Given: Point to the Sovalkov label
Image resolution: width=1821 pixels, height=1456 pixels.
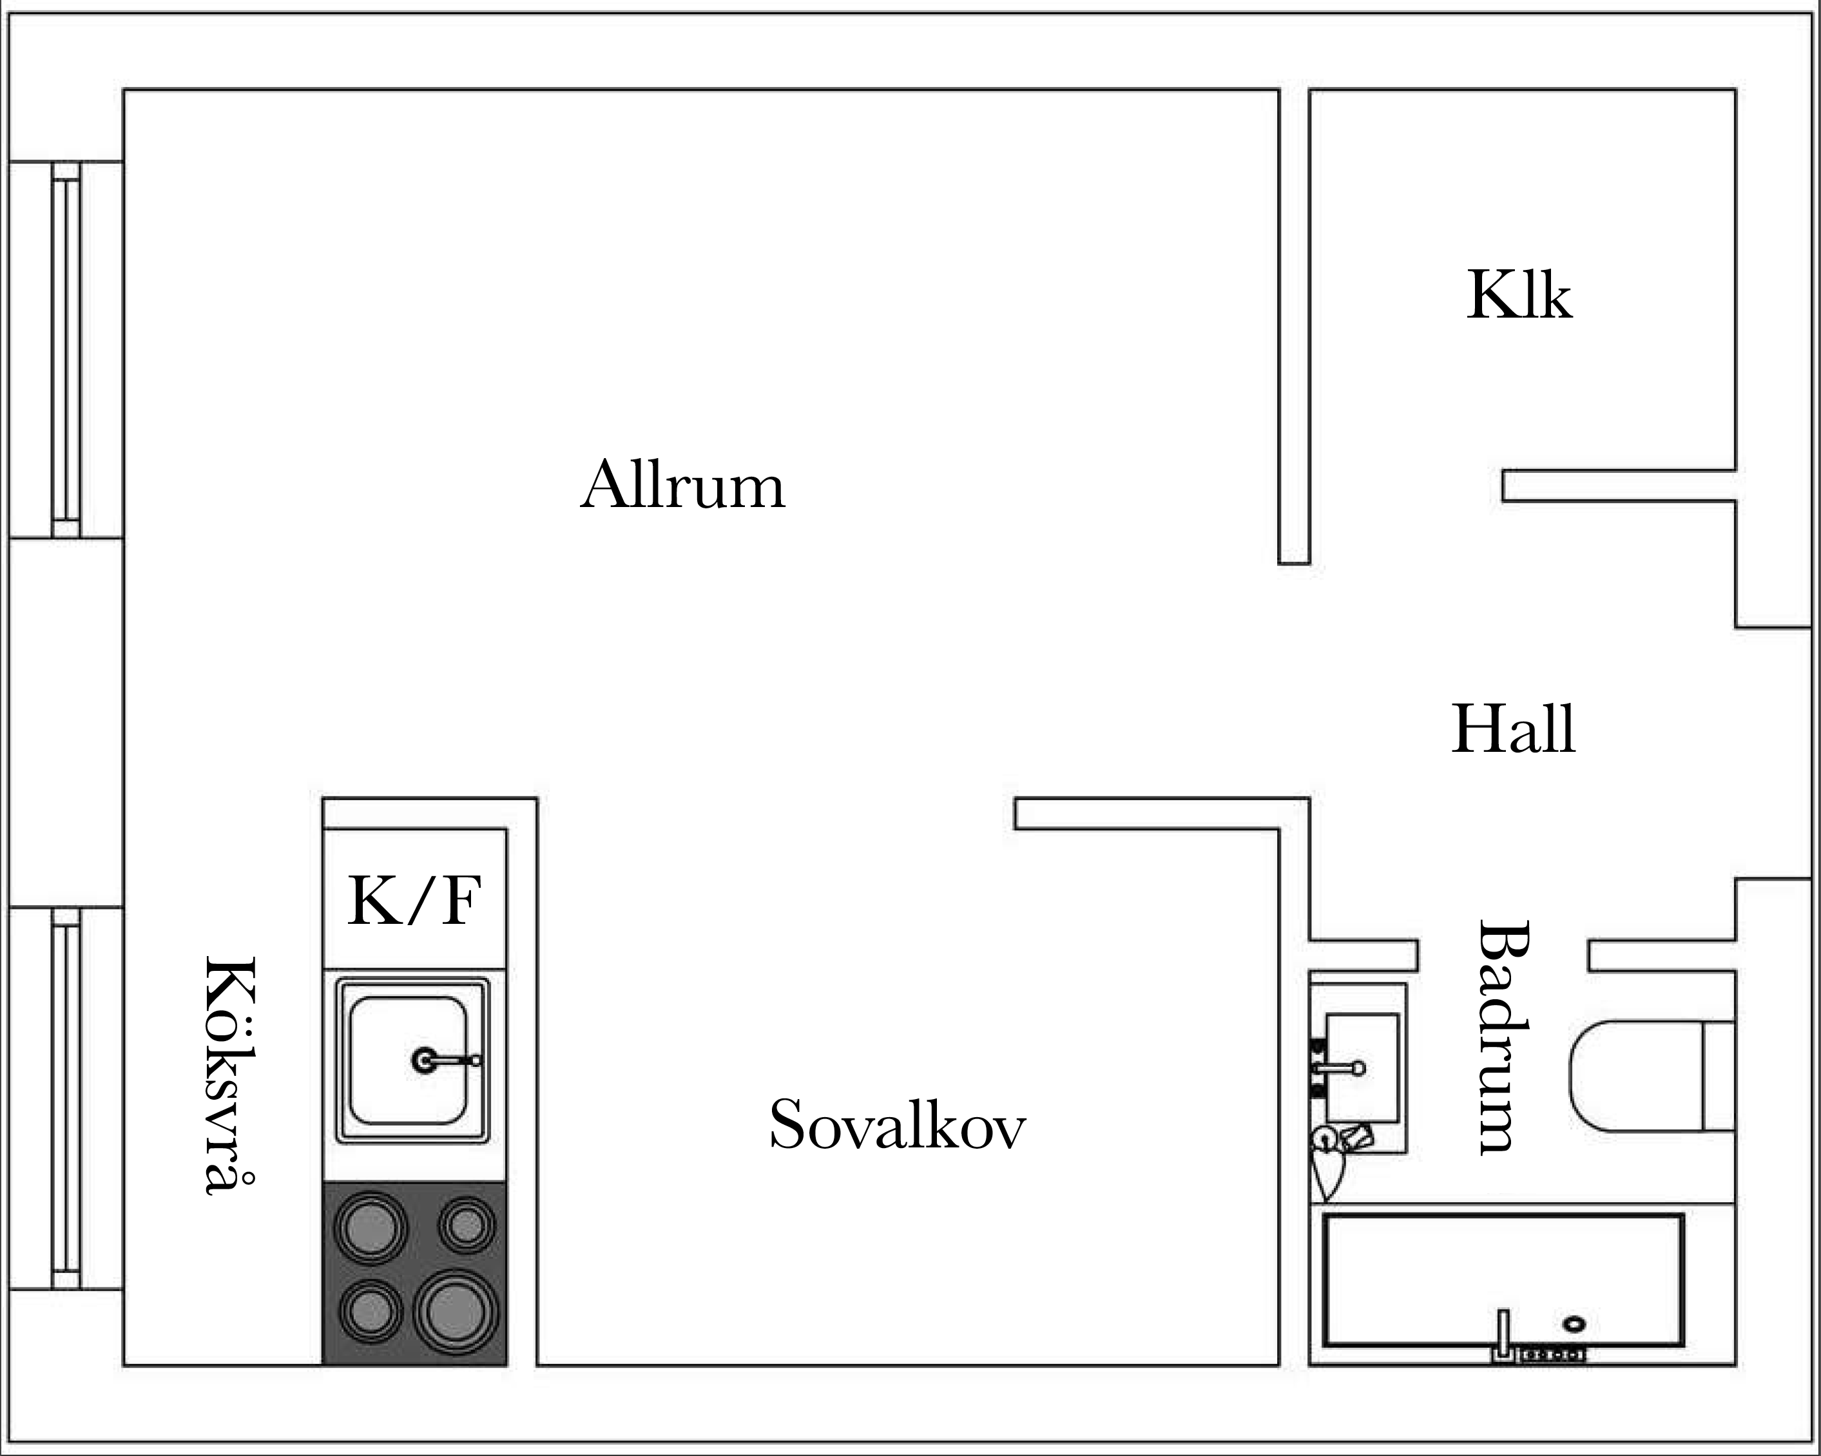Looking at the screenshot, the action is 897,1124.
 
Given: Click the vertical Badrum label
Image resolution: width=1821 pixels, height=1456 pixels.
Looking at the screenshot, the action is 1503,1037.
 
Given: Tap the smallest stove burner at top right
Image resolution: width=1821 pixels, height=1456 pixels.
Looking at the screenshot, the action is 467,1225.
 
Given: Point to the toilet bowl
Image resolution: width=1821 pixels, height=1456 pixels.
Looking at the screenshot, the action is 1636,1076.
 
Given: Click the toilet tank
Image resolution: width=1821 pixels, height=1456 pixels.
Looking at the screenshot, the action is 1719,1076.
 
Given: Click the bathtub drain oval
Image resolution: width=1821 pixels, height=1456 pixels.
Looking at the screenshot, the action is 1574,1323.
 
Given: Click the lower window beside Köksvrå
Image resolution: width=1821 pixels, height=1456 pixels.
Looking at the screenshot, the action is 66,1098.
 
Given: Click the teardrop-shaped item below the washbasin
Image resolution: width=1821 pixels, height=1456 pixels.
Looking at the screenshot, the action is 1325,1165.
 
